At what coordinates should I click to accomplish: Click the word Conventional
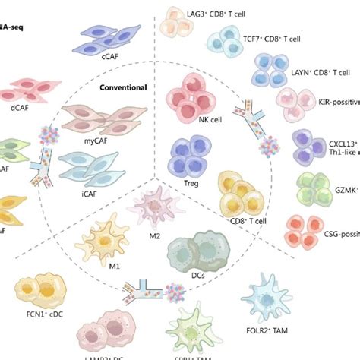124,87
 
